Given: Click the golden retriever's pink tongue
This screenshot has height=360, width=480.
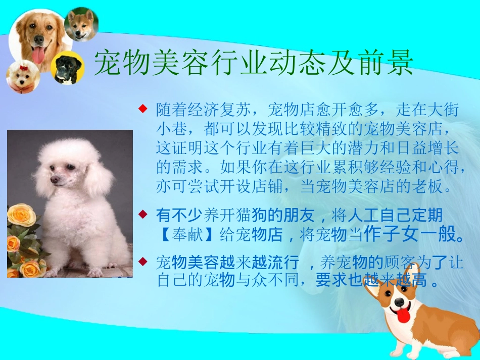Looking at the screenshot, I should (39, 54).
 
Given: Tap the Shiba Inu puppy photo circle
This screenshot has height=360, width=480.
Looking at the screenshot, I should (81, 24).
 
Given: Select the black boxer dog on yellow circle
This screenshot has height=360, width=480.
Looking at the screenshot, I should (67, 68).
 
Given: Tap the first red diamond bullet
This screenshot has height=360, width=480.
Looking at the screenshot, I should (143, 108).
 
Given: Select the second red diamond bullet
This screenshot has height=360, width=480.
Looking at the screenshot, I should (143, 215).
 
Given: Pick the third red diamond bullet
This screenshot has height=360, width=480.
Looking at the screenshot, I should (143, 261).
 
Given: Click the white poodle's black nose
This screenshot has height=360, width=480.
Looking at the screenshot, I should (54, 180).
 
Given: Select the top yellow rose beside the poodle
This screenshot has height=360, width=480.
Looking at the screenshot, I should (21, 215).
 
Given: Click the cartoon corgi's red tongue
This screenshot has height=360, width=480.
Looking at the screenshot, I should (403, 316).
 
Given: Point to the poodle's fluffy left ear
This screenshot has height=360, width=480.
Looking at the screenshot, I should (99, 179).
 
